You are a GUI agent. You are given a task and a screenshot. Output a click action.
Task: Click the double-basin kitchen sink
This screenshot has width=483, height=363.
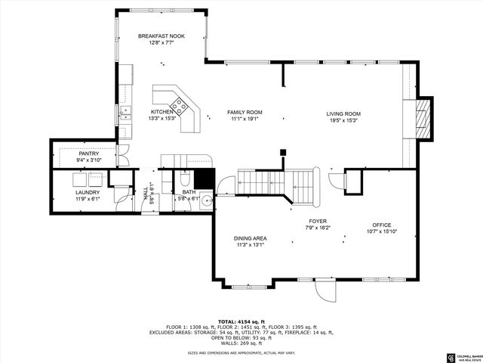(125, 115)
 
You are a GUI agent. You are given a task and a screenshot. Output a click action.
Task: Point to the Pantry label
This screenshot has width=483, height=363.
(88, 154)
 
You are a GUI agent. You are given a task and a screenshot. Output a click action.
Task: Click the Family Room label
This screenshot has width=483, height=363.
(244, 112)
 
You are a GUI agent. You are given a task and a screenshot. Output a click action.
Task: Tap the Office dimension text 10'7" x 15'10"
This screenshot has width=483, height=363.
(381, 231)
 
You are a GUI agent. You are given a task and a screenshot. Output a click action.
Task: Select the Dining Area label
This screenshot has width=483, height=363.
(250, 238)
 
